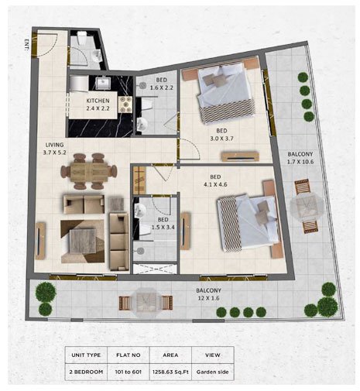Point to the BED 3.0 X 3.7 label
click(221, 135)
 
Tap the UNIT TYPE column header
click(86, 355)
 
